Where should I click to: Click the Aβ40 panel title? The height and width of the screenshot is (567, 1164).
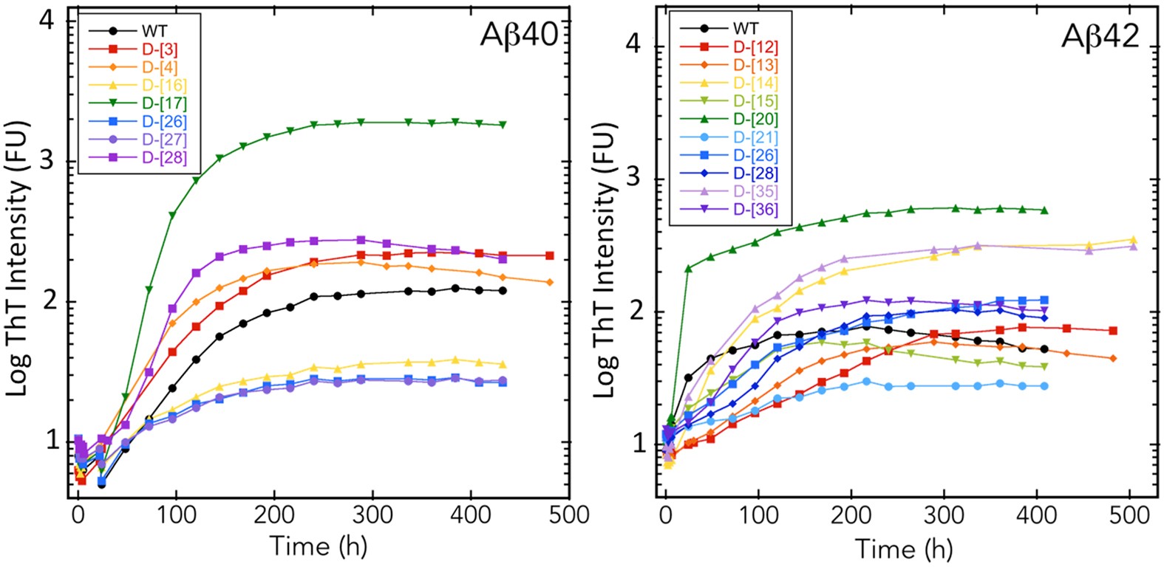point(519,35)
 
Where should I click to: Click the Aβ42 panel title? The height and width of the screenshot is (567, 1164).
point(1100,35)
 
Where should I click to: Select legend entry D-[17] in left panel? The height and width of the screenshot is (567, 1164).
point(164,103)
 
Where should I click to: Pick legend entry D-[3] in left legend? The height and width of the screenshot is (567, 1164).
point(160,49)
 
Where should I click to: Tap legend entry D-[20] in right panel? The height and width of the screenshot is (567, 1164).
point(755,119)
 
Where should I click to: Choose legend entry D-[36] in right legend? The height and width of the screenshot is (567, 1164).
point(755,209)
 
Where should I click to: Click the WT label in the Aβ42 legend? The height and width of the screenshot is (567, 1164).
point(746,29)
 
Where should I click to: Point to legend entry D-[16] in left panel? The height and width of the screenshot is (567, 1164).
point(164,86)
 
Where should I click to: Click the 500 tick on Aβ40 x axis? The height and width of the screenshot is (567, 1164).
point(568,515)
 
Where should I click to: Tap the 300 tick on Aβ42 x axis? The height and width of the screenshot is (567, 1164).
point(944,515)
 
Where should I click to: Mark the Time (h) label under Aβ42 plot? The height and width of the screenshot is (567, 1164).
point(903,549)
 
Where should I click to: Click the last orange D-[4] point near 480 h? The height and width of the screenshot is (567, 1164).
point(549,282)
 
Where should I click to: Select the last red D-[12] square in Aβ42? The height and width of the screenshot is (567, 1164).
point(1113,331)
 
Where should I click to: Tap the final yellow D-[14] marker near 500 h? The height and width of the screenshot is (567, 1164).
point(1133,240)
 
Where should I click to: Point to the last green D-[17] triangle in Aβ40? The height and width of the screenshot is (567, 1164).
point(503,125)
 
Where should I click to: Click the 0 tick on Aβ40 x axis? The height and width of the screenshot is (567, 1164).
point(78,515)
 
